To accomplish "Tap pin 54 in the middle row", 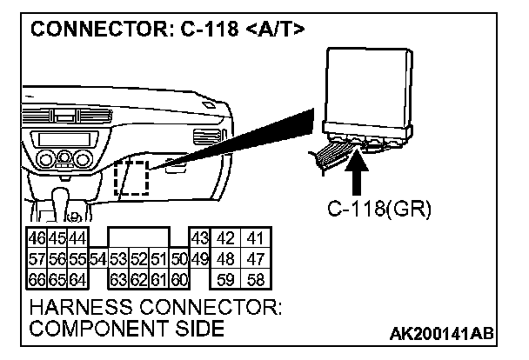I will click(97, 260).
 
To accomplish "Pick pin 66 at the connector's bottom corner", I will click(37, 279).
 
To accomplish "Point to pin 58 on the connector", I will click(256, 279).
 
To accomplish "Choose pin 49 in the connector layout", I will click(199, 260).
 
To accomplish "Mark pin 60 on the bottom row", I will click(180, 279).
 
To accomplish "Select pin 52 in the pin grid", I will click(138, 260).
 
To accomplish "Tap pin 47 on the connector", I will click(256, 260).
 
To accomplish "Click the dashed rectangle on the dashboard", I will click(131, 179).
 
